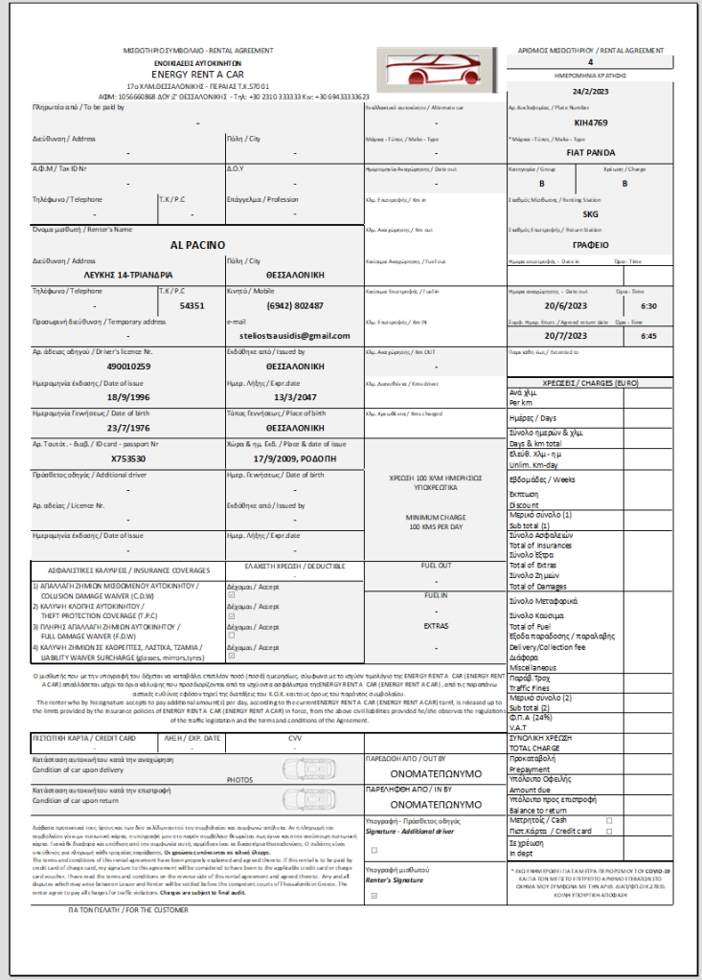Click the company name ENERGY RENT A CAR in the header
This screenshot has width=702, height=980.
click(197, 73)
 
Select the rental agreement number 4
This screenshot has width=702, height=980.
click(590, 62)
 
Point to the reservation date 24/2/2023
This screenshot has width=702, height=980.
click(590, 92)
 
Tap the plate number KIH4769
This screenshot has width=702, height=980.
click(590, 122)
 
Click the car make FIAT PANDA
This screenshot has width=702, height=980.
click(590, 152)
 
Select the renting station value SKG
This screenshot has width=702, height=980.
click(590, 213)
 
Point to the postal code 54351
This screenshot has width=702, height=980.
click(192, 305)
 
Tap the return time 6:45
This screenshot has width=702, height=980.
click(648, 336)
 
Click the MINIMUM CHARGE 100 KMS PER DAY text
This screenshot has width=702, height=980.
click(434, 522)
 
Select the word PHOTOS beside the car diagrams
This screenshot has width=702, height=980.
click(239, 780)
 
